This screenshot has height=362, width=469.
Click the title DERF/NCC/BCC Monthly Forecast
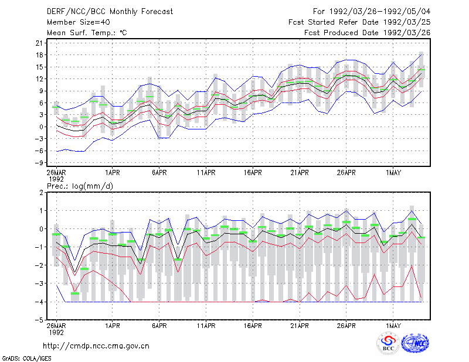[110, 12]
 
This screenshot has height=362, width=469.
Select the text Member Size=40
[79, 22]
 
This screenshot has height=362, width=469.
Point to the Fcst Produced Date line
[367, 33]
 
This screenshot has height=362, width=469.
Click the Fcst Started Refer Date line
[359, 22]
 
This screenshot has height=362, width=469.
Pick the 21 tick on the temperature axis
[39, 43]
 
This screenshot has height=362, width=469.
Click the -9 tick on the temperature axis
[38, 163]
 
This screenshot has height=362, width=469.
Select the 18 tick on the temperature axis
[39, 55]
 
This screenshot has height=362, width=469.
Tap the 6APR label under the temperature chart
[159, 173]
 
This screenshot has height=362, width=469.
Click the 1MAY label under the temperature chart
[393, 173]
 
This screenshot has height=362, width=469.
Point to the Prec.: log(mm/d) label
[80, 186]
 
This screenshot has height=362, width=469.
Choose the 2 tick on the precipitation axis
[41, 193]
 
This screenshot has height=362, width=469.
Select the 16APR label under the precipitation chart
[253, 326]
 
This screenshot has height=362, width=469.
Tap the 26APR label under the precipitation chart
[346, 326]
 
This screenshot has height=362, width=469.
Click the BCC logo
[388, 343]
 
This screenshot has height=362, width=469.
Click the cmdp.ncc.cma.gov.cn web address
[96, 346]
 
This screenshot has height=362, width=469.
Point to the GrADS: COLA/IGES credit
[26, 358]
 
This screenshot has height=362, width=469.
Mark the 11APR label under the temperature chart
[206, 173]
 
